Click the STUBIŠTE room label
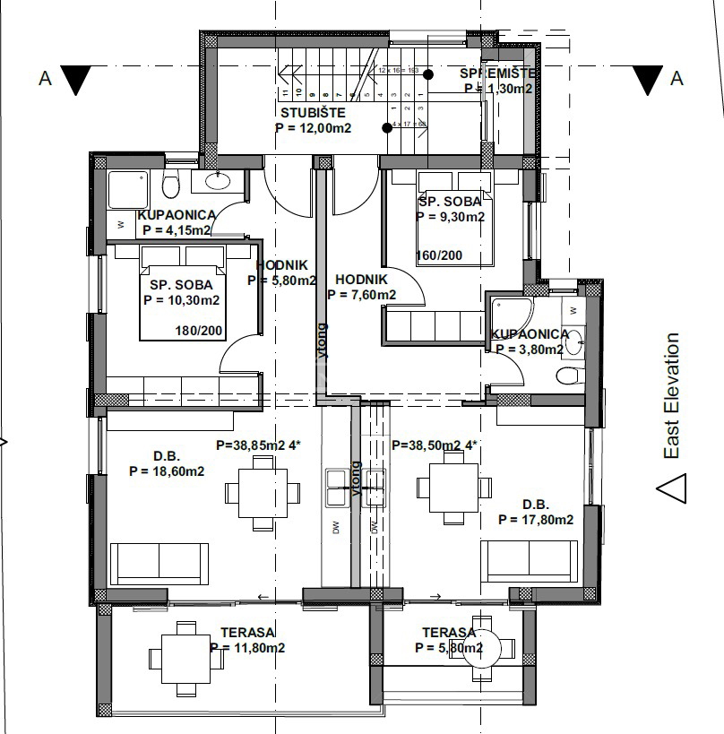tap(313, 114)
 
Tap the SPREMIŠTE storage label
tap(498, 73)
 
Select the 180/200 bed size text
tap(199, 331)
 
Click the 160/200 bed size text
tap(440, 255)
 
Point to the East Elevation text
tap(672, 396)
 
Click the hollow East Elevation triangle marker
tap(671, 489)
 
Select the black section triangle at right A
tap(647, 80)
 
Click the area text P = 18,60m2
tap(167, 471)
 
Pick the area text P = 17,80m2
tap(536, 519)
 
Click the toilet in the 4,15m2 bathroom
tap(171, 185)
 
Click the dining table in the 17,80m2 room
tap(453, 487)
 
